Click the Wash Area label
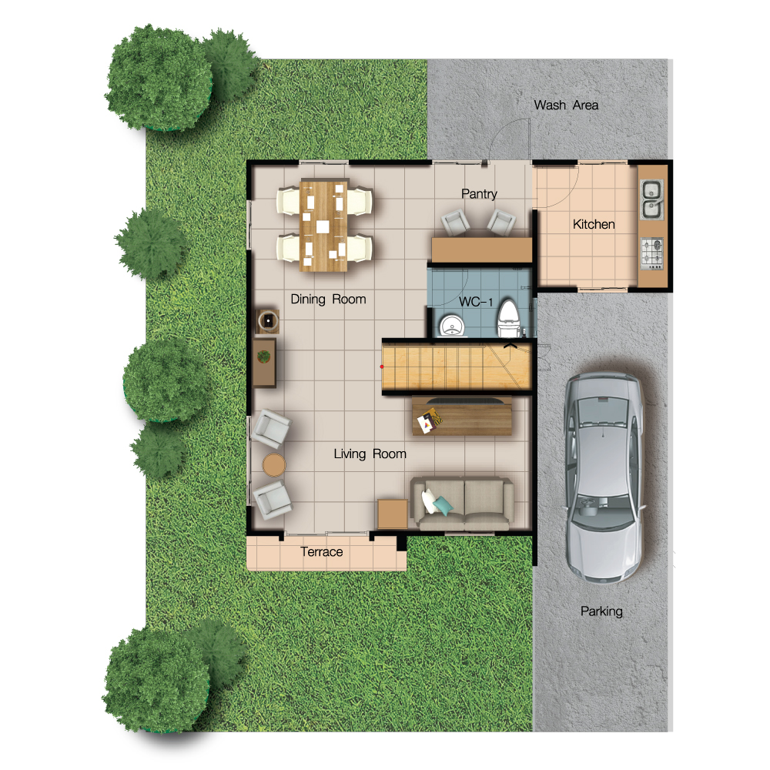pos(566,105)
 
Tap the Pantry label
pos(479,194)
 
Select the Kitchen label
pos(594,224)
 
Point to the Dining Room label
pos(328,300)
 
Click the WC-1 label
pos(475,302)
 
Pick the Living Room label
pos(370,454)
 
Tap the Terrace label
pos(322,552)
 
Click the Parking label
pos(601,611)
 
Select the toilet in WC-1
pos(508,319)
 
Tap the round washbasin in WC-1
pos(450,326)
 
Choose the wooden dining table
pos(323,226)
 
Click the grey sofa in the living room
pos(462,503)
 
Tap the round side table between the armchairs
pos(273,465)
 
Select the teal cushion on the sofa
pos(443,506)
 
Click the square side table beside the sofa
pos(393,514)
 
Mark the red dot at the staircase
pos(382,367)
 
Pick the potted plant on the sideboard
pos(263,356)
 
